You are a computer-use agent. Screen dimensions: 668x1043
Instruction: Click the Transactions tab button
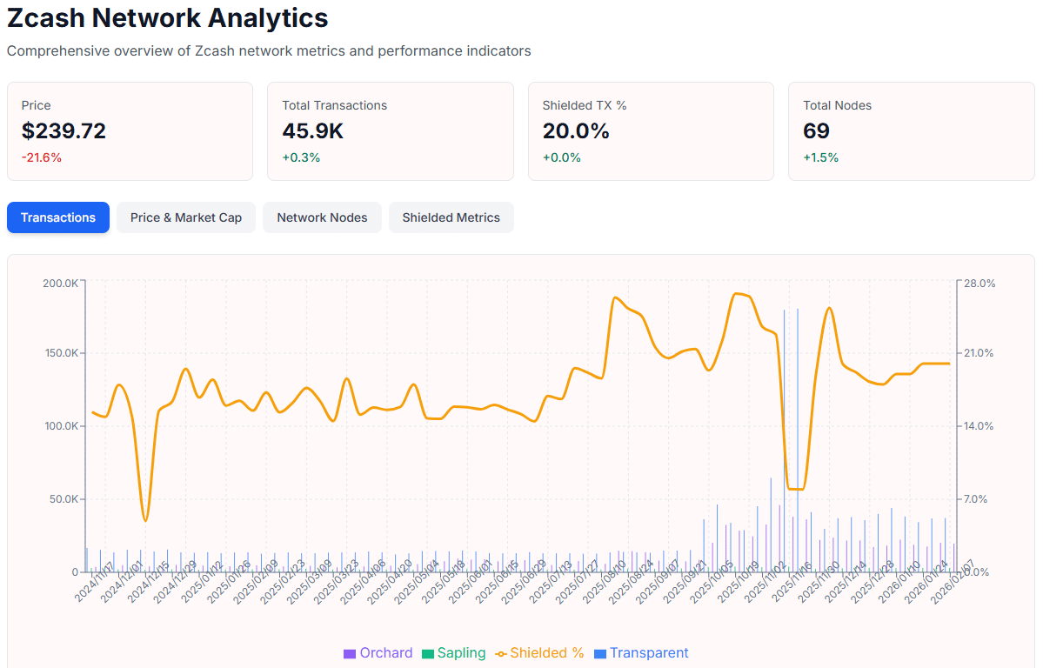(x=58, y=217)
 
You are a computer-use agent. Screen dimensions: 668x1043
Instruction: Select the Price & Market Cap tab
(x=186, y=217)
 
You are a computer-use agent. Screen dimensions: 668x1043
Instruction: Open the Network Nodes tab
(x=322, y=217)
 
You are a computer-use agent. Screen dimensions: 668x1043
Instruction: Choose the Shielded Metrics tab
(x=451, y=217)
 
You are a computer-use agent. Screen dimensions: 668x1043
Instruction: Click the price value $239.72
(x=64, y=131)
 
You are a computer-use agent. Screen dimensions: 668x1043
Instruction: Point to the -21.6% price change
(x=42, y=157)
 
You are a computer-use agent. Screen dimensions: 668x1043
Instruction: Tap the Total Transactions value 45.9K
(x=313, y=131)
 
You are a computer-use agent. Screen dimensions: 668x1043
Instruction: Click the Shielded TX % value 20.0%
(x=576, y=131)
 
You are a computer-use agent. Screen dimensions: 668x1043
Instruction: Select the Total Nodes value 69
(x=816, y=131)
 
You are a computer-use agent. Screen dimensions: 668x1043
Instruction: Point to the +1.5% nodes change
(x=820, y=157)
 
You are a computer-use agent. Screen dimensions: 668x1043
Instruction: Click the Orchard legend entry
(x=378, y=653)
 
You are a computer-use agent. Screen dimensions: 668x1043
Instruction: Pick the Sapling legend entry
(x=454, y=653)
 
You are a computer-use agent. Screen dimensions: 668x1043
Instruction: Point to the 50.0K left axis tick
(x=63, y=499)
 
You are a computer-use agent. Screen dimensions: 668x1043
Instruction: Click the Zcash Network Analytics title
(x=168, y=17)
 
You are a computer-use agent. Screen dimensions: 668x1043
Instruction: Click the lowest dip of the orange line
(x=145, y=521)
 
